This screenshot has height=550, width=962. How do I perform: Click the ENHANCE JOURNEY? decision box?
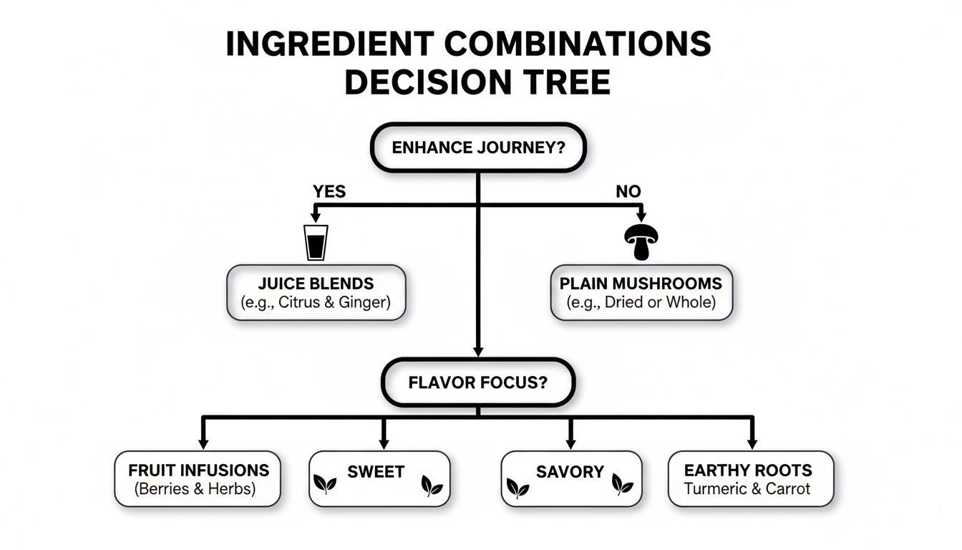(x=477, y=148)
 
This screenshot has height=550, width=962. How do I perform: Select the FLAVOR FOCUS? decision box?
(x=477, y=382)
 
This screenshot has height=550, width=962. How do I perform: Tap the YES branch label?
(x=329, y=191)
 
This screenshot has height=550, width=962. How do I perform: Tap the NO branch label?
(x=628, y=191)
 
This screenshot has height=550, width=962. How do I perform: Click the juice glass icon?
(x=316, y=242)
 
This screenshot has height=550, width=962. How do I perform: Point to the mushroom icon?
(x=642, y=242)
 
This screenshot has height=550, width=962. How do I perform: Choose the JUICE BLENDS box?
(x=316, y=292)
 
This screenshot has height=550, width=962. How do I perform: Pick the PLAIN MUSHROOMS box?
(x=641, y=292)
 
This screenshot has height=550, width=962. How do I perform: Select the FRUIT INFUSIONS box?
(x=198, y=479)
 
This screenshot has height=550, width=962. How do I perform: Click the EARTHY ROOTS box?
(x=750, y=479)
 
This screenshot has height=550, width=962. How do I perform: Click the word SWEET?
(x=376, y=472)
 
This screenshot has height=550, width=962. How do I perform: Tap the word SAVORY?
(x=570, y=472)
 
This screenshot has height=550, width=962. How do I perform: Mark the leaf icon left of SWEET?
(x=326, y=486)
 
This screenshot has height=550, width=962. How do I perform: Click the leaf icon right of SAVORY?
(x=622, y=486)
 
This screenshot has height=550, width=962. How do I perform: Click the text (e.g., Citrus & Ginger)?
(x=316, y=302)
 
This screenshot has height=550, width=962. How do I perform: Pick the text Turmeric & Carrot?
(x=747, y=489)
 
